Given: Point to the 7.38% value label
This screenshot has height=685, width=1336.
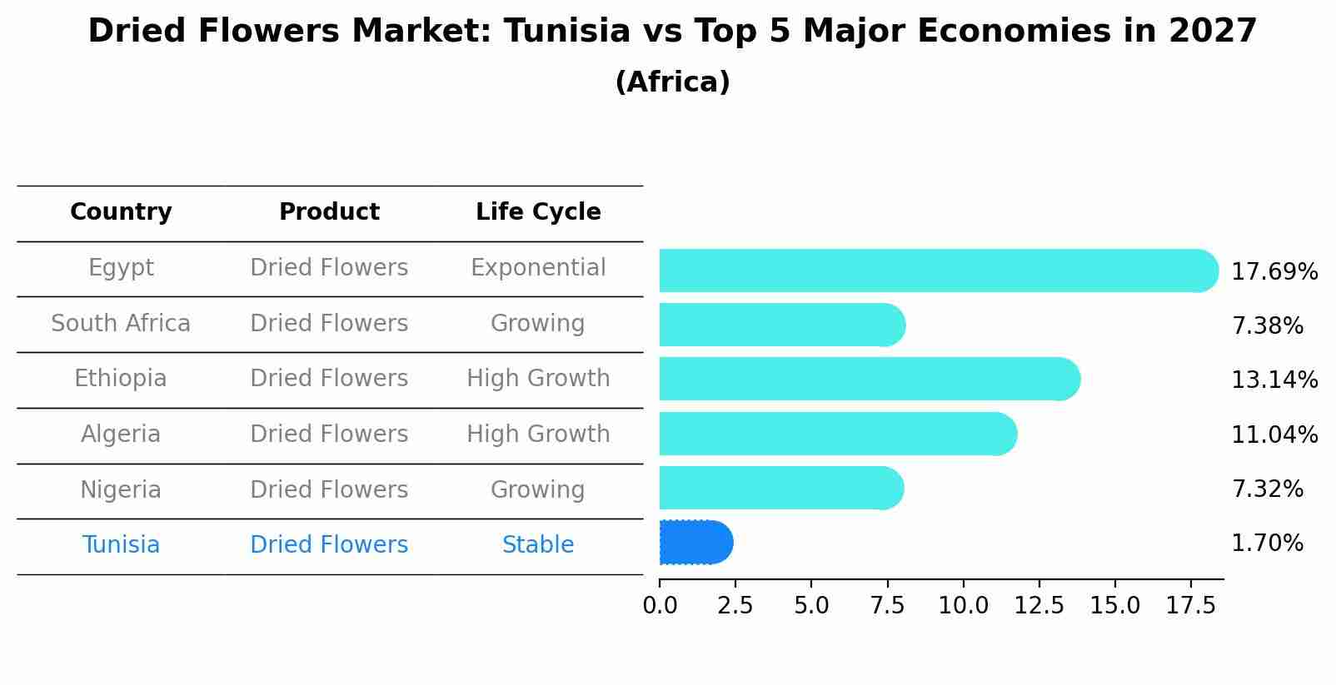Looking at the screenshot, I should [x=1267, y=326].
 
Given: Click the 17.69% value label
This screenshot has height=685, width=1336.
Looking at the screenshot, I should [x=1274, y=272].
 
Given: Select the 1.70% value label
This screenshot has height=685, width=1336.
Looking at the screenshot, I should [x=1267, y=544].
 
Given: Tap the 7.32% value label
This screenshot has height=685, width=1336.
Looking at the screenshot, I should [x=1267, y=489].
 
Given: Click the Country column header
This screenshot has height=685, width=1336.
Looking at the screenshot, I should [x=121, y=212].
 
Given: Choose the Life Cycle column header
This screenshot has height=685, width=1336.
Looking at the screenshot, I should [x=538, y=212].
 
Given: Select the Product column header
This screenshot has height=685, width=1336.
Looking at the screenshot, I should [x=329, y=212].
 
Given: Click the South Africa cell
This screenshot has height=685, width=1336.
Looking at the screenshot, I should [x=121, y=323].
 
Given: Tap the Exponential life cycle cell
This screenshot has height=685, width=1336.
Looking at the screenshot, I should [x=538, y=268].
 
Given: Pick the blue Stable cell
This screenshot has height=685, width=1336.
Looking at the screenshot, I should [x=538, y=545].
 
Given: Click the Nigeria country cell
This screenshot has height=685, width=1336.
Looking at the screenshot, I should [x=121, y=489].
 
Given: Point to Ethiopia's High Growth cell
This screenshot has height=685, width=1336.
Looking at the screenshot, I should [x=538, y=379].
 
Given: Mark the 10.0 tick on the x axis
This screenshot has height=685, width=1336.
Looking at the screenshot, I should [x=963, y=606].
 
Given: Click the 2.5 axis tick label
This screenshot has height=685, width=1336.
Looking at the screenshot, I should [x=735, y=606].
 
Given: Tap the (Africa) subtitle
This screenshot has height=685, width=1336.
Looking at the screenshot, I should [x=672, y=82].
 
